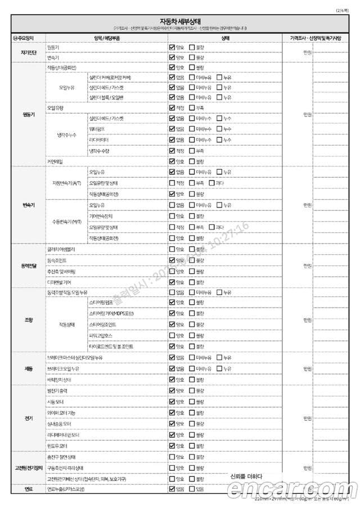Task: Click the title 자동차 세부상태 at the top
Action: point(180,21)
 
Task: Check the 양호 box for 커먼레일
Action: point(172,161)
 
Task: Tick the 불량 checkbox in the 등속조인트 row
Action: point(192,260)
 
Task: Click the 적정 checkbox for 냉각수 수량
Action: point(172,150)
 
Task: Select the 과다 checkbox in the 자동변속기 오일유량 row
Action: point(211,182)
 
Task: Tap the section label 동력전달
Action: point(29,265)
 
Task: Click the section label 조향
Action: point(29,319)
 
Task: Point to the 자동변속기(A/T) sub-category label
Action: point(67,182)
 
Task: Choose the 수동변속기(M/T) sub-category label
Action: point(67,221)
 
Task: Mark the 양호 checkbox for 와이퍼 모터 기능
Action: point(172,412)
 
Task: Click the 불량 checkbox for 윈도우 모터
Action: point(192,445)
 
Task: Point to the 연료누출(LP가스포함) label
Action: point(66,489)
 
